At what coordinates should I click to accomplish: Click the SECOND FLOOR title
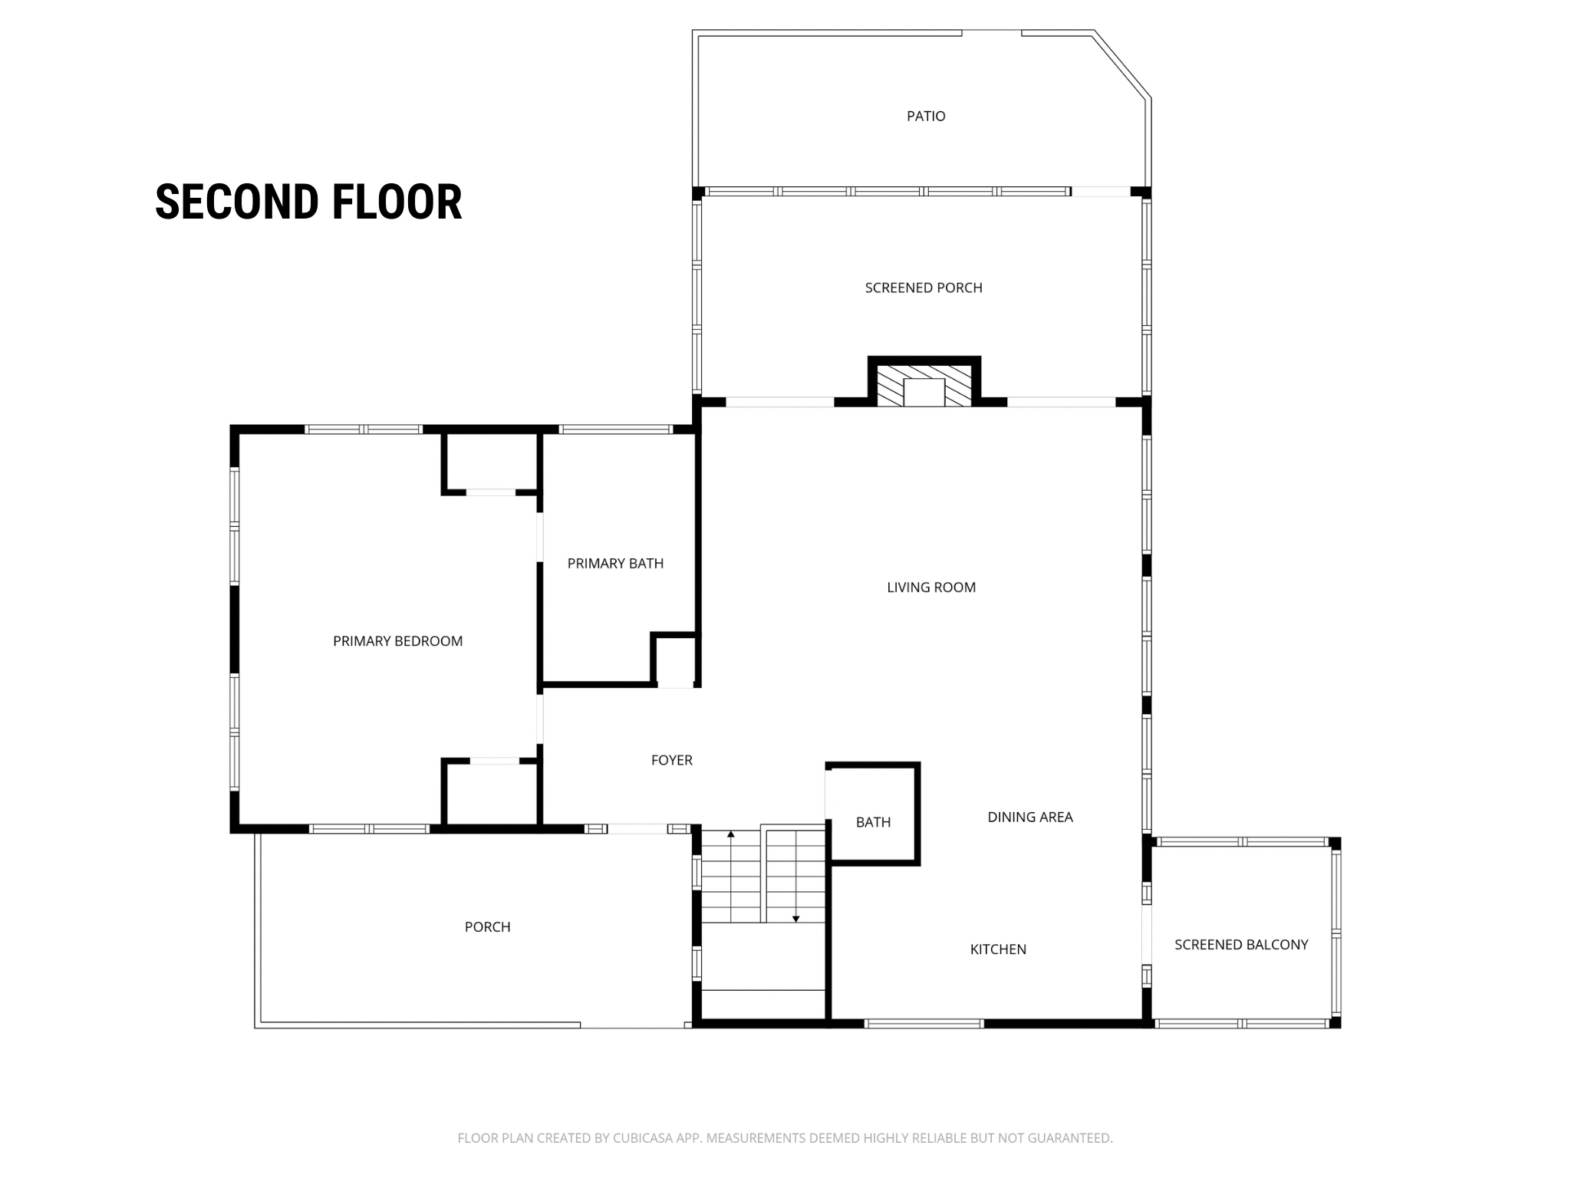[308, 202]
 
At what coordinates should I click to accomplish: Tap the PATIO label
[926, 117]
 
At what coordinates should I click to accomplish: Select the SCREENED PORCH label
[924, 288]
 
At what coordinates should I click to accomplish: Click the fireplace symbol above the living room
[924, 381]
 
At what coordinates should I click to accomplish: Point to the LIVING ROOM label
[931, 587]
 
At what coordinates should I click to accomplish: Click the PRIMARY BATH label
[615, 564]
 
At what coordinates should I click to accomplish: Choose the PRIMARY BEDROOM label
[397, 641]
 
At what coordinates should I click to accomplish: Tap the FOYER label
[672, 760]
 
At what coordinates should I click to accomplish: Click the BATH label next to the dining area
[873, 822]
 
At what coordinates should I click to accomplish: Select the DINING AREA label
[1030, 817]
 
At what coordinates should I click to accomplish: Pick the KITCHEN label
[998, 949]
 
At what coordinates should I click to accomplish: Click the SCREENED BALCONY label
[1241, 945]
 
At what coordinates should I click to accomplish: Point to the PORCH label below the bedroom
[487, 927]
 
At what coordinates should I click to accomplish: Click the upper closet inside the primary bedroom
[491, 462]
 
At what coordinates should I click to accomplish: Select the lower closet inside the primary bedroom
[492, 793]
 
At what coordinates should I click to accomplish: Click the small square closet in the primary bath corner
[675, 659]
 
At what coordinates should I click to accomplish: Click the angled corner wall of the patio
[1121, 64]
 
